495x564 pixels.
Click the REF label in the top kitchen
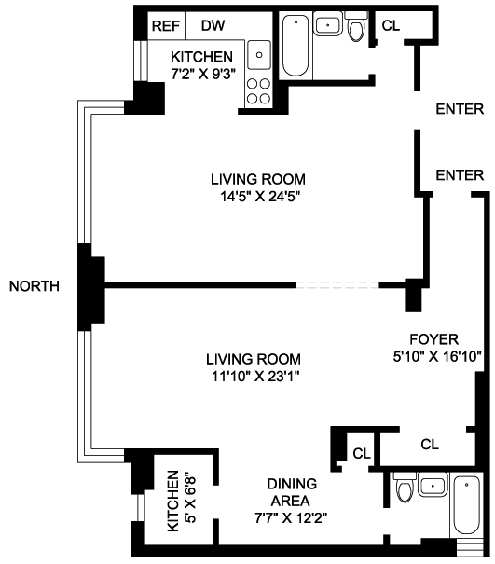point(166,26)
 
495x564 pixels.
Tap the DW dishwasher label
point(213,25)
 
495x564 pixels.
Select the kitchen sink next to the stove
point(259,55)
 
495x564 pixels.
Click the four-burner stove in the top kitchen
point(258,91)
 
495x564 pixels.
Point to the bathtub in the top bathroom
point(296,46)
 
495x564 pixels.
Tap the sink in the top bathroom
point(328,23)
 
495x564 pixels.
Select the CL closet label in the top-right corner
point(391,25)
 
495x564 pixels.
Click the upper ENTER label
point(460,109)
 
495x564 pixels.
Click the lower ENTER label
point(460,175)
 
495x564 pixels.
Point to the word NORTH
point(34,286)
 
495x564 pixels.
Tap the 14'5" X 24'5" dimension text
point(260,197)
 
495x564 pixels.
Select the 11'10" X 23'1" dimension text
point(255,377)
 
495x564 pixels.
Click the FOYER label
point(434,339)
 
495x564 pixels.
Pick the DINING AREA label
point(292,492)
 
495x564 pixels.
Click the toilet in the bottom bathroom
point(406,488)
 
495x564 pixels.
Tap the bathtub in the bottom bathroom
point(467,505)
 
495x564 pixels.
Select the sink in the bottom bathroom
point(433,485)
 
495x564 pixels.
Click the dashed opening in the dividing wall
point(337,285)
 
